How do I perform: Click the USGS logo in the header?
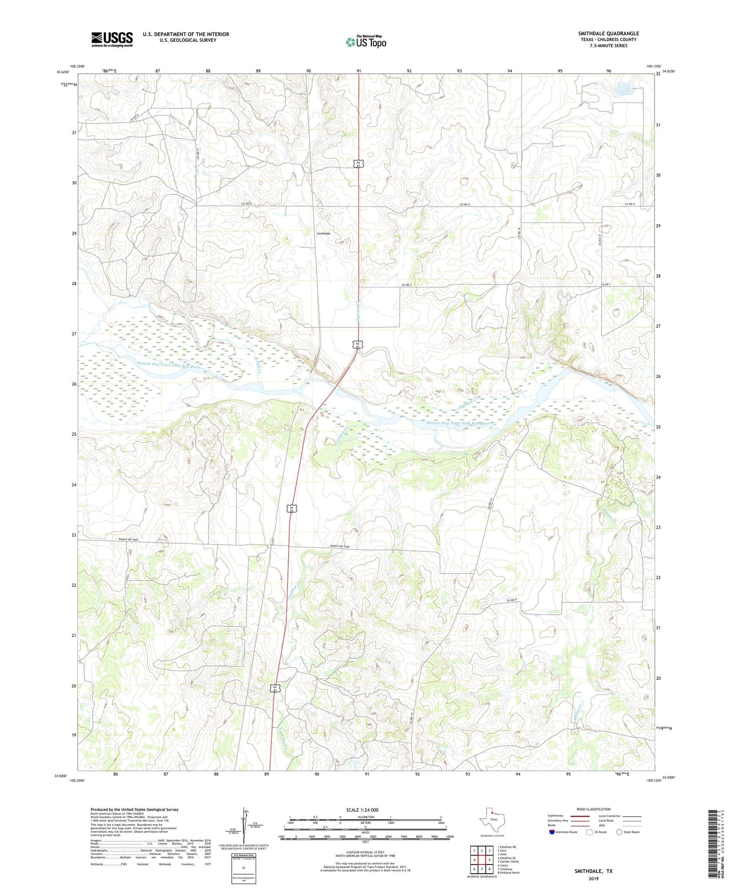tap(112, 39)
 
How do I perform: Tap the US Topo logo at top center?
tap(366, 42)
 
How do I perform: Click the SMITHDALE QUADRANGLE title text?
tap(608, 34)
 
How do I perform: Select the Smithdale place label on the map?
tap(323, 233)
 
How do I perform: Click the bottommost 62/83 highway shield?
tap(275, 688)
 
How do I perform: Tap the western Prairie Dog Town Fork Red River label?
tap(169, 365)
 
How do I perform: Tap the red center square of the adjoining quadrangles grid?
tap(481, 860)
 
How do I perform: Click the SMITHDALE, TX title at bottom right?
tap(593, 871)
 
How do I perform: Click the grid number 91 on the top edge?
tap(359, 71)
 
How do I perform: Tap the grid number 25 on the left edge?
tap(74, 434)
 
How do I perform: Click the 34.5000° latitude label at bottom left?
tap(60, 776)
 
